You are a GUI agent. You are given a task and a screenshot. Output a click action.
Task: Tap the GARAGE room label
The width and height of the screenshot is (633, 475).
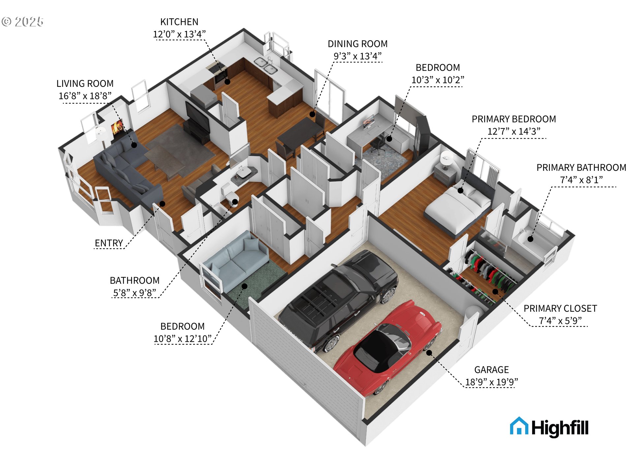[491, 370]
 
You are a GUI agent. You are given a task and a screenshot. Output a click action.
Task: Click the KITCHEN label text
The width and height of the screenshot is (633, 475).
[179, 22]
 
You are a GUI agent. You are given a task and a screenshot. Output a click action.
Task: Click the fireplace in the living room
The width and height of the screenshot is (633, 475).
[117, 127]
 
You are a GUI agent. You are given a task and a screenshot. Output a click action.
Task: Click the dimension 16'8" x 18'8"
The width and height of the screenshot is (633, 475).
[85, 96]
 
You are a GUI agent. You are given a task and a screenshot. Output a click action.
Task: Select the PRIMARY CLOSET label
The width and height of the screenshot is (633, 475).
[560, 308]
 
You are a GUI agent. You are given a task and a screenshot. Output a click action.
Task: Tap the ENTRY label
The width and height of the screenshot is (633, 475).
[109, 243]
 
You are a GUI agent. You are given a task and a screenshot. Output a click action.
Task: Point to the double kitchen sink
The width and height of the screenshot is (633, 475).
[265, 65]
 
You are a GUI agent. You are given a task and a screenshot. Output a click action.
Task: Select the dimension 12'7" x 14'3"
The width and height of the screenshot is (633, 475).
[514, 132]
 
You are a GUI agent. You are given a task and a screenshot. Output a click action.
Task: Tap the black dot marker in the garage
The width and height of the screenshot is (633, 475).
[429, 353]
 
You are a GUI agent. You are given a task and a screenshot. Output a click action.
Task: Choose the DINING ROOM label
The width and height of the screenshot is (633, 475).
[357, 44]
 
